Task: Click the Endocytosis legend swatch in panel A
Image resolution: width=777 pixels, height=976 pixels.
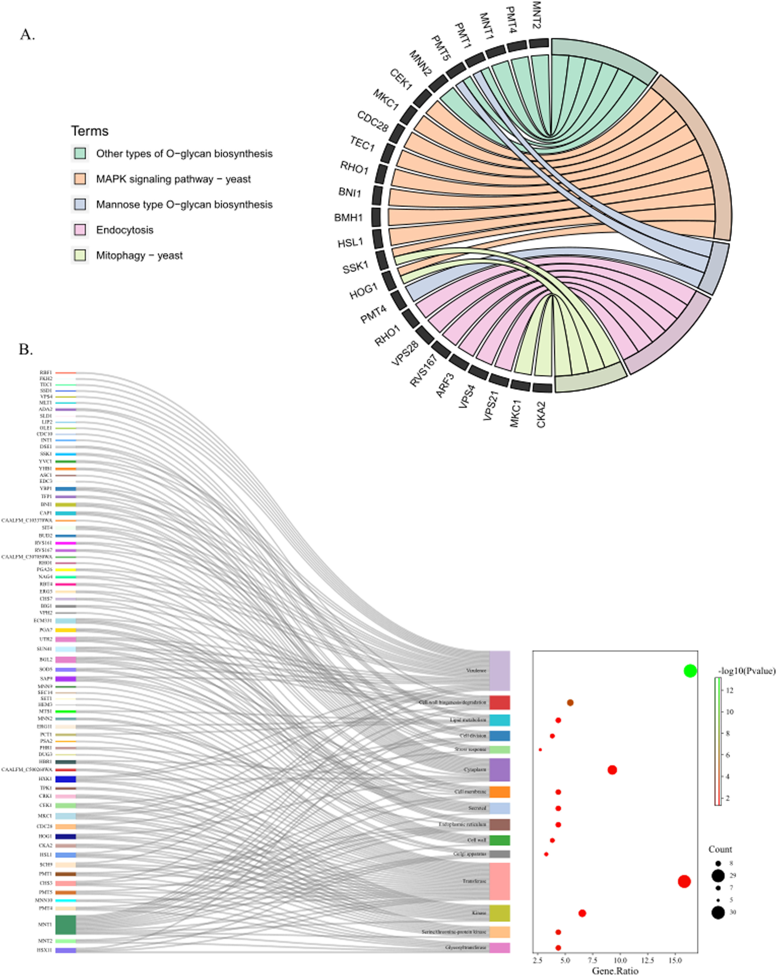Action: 80,230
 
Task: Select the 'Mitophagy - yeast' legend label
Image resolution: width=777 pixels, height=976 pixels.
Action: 139,255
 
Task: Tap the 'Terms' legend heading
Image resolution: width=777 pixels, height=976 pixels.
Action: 90,131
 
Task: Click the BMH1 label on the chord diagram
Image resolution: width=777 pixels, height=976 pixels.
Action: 348,218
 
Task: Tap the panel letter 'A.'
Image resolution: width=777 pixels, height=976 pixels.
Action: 27,35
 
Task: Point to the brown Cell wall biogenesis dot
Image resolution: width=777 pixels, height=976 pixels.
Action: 570,703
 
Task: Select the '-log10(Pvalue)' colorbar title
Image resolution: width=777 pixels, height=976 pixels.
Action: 746,671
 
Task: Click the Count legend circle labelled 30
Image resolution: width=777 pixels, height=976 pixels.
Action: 718,912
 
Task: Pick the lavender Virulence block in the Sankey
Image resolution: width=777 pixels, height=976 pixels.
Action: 499,670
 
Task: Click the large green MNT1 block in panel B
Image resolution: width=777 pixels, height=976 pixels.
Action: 66,924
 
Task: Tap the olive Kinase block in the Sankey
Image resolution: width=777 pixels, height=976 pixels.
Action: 499,913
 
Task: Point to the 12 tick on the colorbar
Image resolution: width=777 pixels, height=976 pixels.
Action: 730,690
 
